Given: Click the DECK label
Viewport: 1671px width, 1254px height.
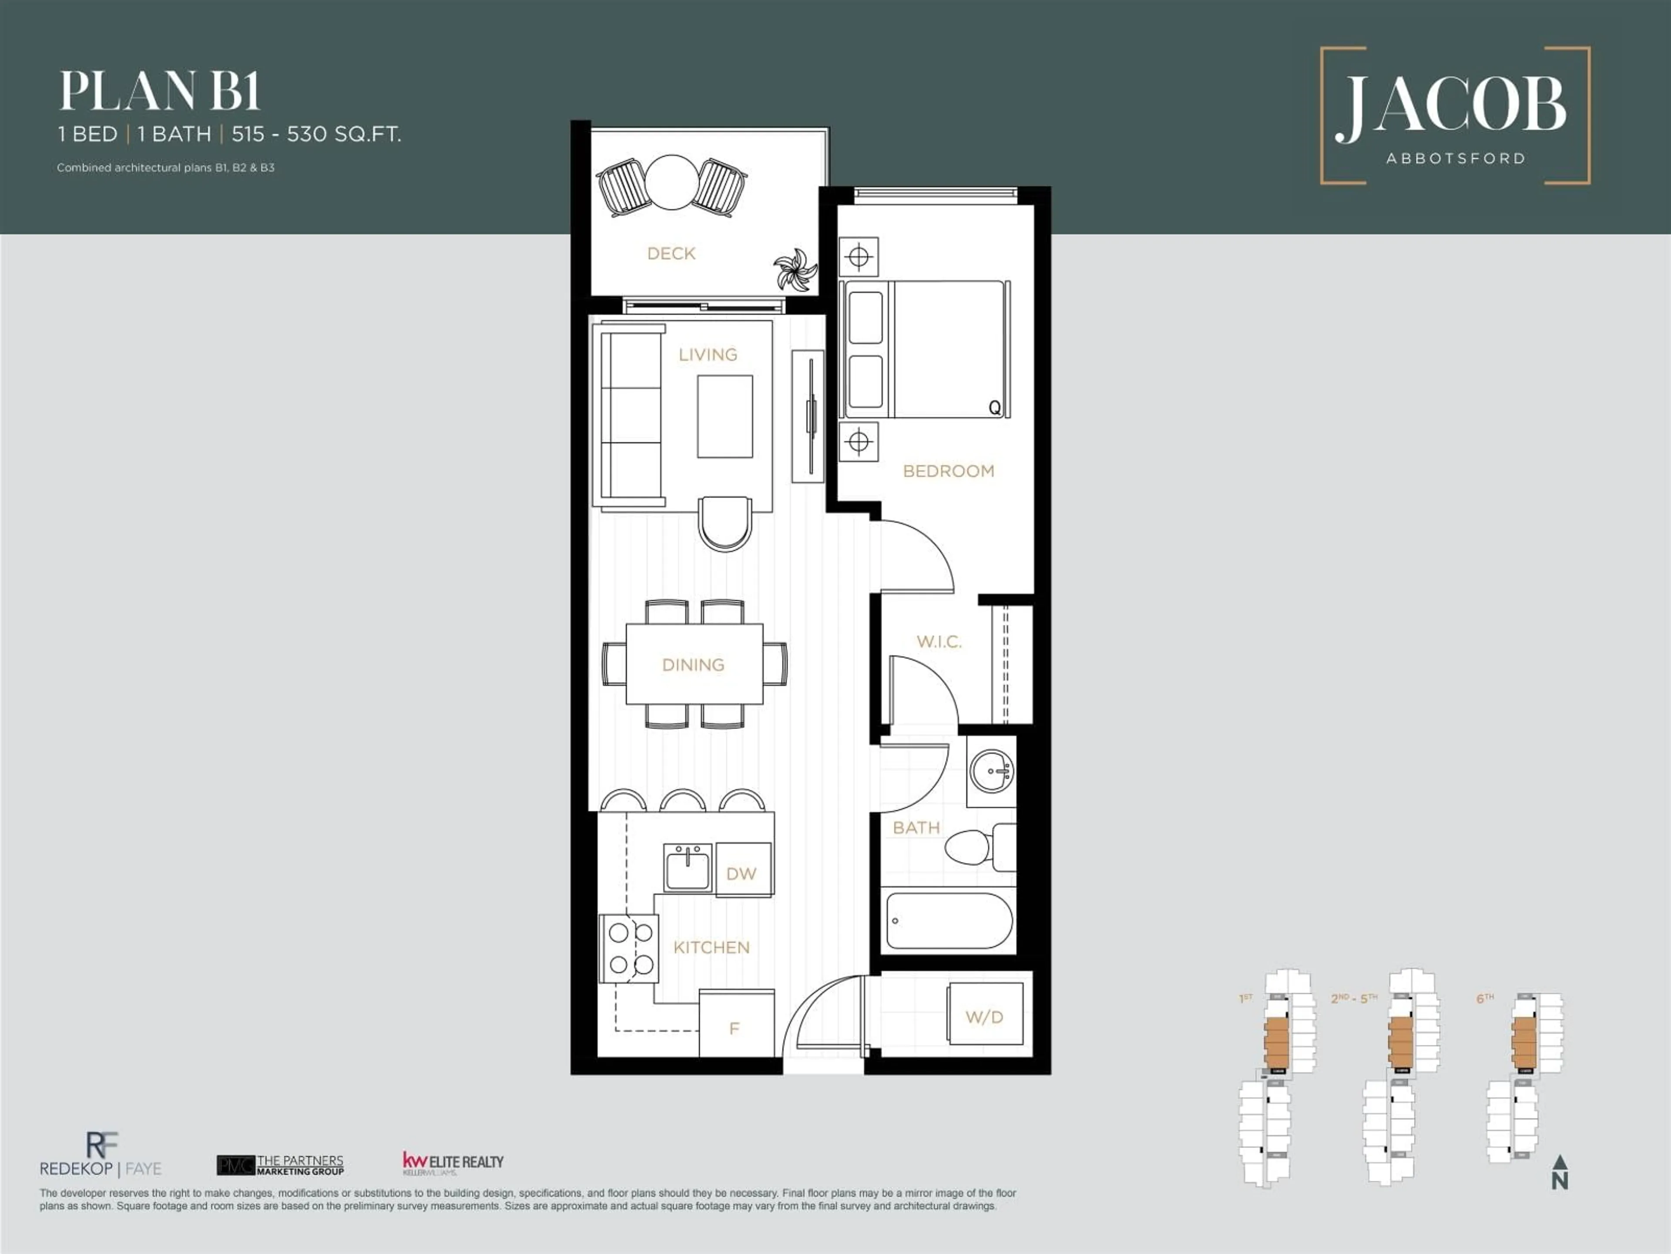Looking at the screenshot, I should [671, 254].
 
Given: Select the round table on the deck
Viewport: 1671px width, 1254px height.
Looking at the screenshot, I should [671, 182].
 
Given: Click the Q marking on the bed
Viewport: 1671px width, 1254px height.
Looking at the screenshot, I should [995, 408].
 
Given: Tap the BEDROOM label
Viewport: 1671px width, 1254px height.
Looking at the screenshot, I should [948, 471].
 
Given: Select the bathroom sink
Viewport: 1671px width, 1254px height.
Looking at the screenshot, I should [991, 772].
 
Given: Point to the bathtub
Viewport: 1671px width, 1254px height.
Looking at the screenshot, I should [948, 920].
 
